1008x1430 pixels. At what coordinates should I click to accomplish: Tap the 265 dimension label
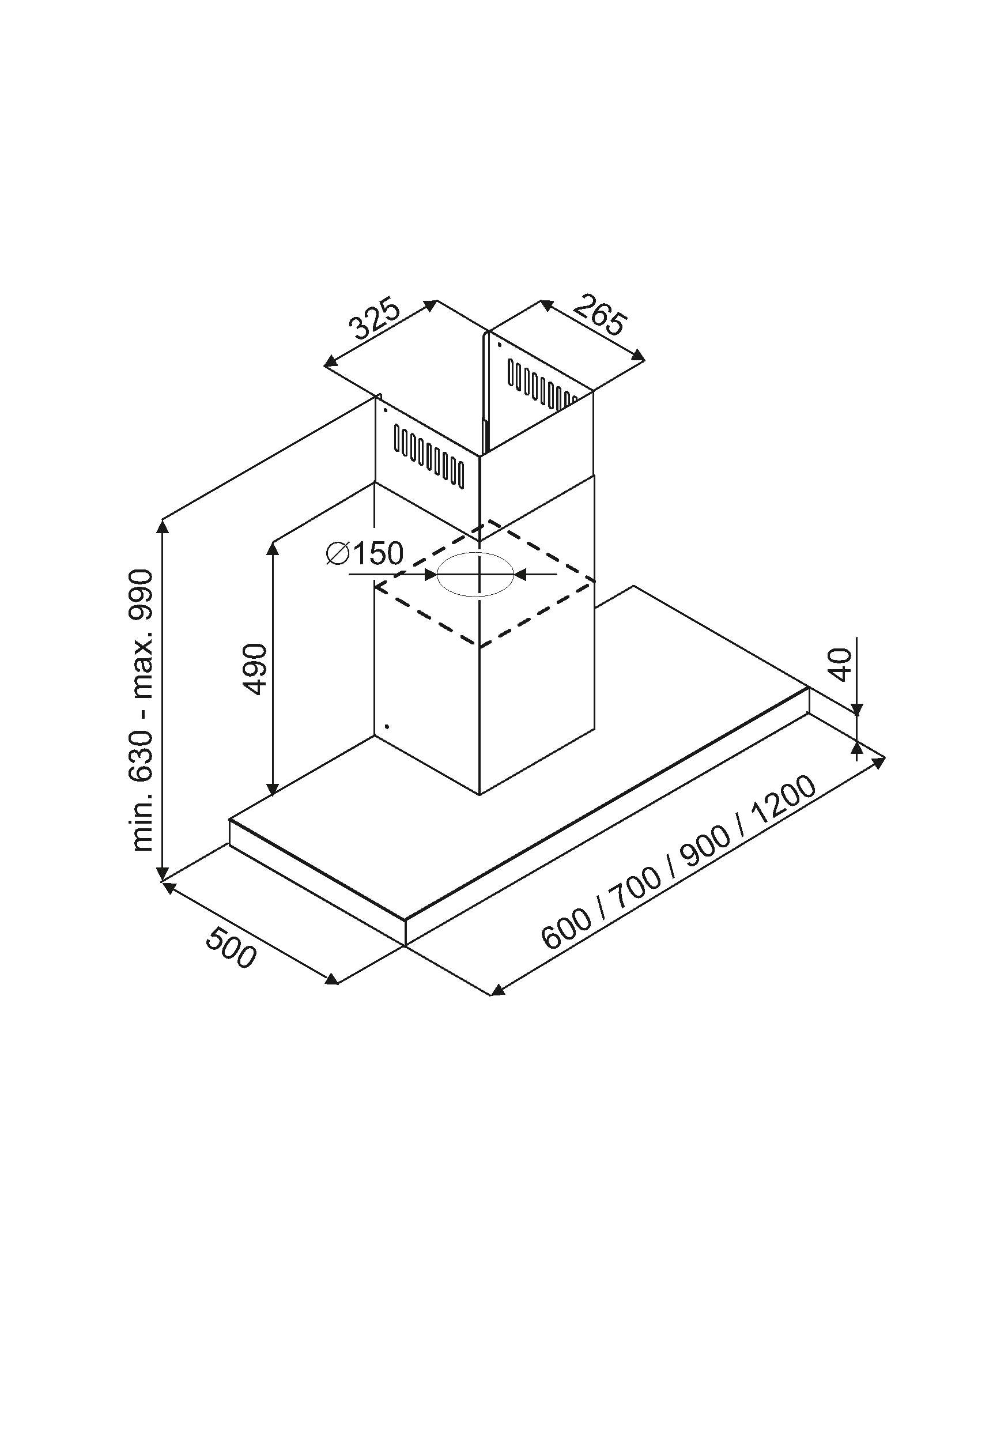[598, 316]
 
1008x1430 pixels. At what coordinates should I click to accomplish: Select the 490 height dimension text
[256, 670]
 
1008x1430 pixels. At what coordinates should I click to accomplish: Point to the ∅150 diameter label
[365, 553]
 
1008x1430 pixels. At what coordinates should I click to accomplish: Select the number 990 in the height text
[140, 595]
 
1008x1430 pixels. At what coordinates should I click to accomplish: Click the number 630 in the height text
[141, 757]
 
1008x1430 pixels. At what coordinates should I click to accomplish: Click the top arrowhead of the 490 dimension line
[272, 548]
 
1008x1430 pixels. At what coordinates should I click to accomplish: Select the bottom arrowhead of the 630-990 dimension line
[163, 874]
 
